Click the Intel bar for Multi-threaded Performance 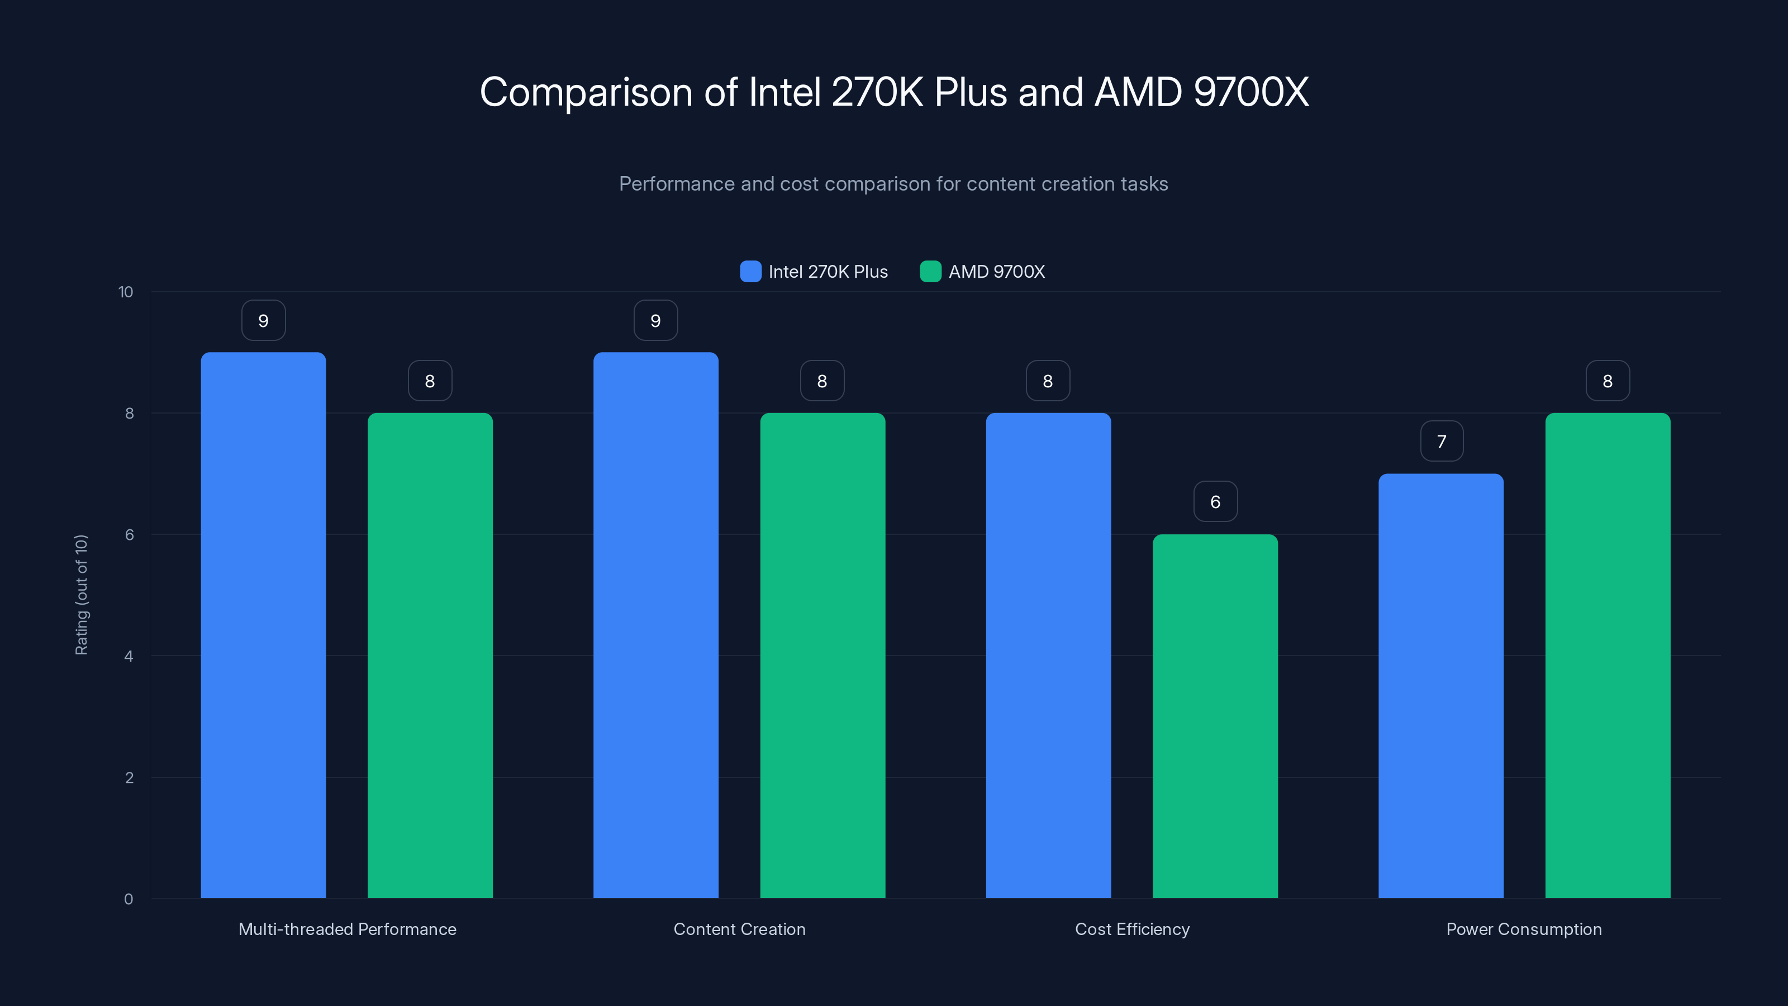(263, 625)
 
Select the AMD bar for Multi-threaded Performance (430, 656)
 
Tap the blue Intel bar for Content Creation (655, 625)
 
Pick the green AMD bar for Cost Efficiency (1215, 716)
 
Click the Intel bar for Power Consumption (1440, 685)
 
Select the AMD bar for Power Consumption (1608, 656)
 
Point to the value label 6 (1215, 501)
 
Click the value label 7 (1441, 441)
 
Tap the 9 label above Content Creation (655, 320)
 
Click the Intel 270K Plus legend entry (814, 272)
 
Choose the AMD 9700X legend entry (982, 272)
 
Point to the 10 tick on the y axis (126, 292)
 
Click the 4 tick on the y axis (129, 656)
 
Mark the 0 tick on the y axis (129, 899)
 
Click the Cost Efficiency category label (1132, 929)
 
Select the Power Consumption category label (1524, 929)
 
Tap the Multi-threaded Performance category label (347, 929)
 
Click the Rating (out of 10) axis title (81, 594)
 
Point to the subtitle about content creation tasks (893, 184)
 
